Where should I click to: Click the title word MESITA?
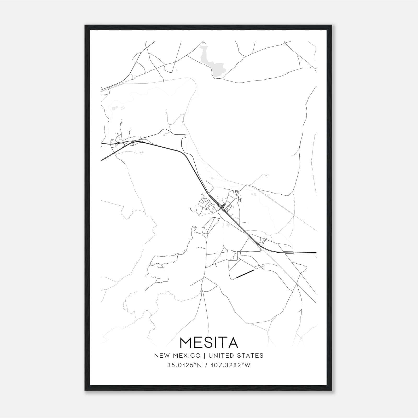pyautogui.click(x=209, y=342)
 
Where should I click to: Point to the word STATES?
pyautogui.click(x=250, y=356)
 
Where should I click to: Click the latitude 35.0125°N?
pyautogui.click(x=185, y=365)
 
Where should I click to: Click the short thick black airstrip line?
pyautogui.click(x=245, y=274)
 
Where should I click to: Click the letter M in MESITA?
pyautogui.click(x=187, y=342)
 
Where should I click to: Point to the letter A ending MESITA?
pyautogui.click(x=232, y=342)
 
